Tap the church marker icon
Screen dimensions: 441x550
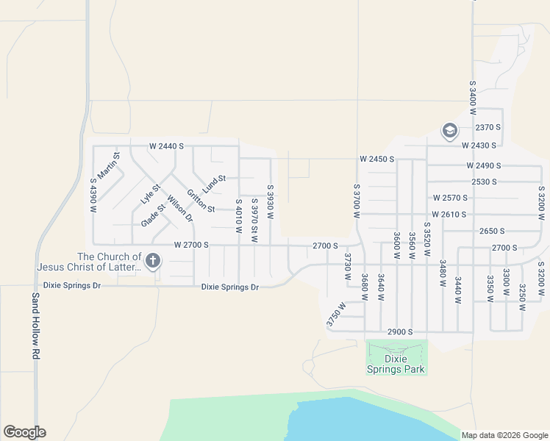coord(153,260)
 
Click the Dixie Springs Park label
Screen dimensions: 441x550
coord(396,364)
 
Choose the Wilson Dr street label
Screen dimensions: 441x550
coord(179,208)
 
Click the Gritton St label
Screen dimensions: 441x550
coord(200,201)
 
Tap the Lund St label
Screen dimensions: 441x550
coord(214,179)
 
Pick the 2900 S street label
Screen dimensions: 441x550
coord(400,332)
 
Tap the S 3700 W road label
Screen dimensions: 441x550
coord(357,201)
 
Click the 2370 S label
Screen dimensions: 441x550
coord(488,127)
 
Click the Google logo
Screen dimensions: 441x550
coord(24,432)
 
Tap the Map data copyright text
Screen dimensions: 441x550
coord(504,435)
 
